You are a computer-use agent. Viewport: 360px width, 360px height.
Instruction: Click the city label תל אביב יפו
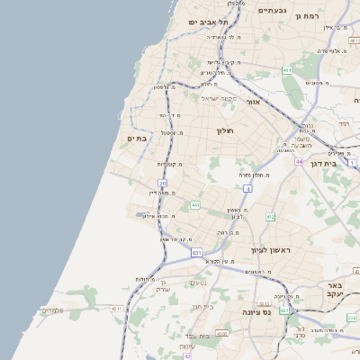pyautogui.click(x=206, y=22)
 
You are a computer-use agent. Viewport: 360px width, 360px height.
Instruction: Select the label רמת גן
pyautogui.click(x=335, y=15)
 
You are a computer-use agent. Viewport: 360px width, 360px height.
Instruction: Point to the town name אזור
pyautogui.click(x=255, y=102)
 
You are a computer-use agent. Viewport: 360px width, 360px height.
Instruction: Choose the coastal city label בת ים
pyautogui.click(x=137, y=139)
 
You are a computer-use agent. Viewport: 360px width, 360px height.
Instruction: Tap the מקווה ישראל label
pyautogui.click(x=219, y=98)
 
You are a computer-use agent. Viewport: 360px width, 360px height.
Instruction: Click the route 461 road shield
pyautogui.click(x=287, y=70)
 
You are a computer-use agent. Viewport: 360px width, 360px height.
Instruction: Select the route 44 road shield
pyautogui.click(x=298, y=162)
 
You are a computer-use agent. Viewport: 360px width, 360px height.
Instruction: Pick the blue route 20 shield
pyautogui.click(x=163, y=183)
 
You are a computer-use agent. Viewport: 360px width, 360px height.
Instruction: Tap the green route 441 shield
pyautogui.click(x=195, y=205)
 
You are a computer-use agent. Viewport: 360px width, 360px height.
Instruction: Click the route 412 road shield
pyautogui.click(x=270, y=217)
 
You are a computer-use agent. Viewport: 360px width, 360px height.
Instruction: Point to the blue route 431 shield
pyautogui.click(x=196, y=253)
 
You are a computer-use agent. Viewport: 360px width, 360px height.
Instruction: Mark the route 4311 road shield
pyautogui.click(x=116, y=309)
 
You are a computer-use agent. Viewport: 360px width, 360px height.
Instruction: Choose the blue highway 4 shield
pyautogui.click(x=247, y=188)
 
